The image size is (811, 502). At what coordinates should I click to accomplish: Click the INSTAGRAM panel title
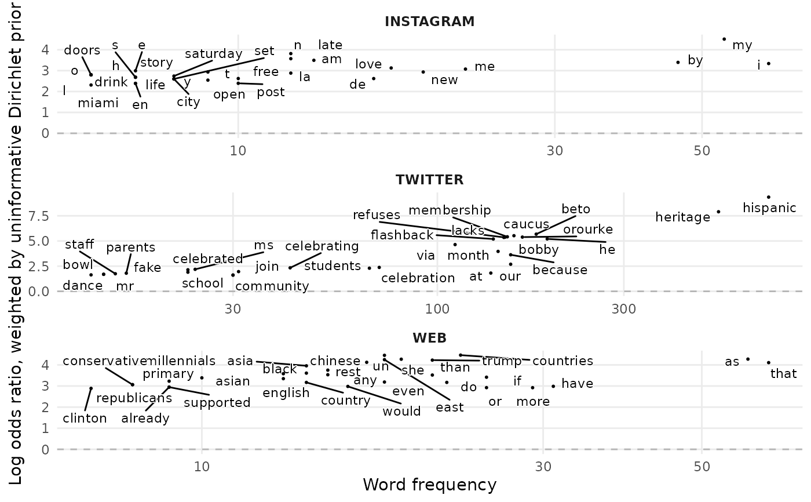click(x=429, y=22)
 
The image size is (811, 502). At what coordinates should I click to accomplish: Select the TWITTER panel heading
click(x=429, y=180)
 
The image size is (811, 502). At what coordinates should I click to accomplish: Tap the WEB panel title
click(x=429, y=338)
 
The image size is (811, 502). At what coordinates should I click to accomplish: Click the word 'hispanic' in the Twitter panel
click(x=770, y=208)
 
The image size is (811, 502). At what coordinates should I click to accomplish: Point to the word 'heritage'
click(x=682, y=217)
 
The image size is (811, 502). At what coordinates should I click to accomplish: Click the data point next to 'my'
click(x=724, y=39)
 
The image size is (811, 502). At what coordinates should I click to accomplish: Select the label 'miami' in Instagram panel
click(x=98, y=103)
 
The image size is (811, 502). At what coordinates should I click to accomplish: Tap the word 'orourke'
click(x=588, y=230)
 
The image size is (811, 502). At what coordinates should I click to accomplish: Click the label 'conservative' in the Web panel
click(x=105, y=361)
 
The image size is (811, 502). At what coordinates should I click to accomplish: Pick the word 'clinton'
click(x=85, y=419)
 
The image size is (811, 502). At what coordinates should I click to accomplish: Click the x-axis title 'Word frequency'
click(x=429, y=485)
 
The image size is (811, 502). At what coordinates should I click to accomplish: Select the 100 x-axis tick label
click(x=437, y=308)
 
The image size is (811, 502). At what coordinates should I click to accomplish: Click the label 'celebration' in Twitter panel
click(x=418, y=278)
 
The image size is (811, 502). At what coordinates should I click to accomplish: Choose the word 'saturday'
click(x=213, y=54)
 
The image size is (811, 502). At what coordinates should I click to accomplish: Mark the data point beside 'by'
click(x=678, y=62)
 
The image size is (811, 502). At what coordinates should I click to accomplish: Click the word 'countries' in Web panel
click(x=562, y=361)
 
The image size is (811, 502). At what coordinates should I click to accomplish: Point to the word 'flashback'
click(x=402, y=235)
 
